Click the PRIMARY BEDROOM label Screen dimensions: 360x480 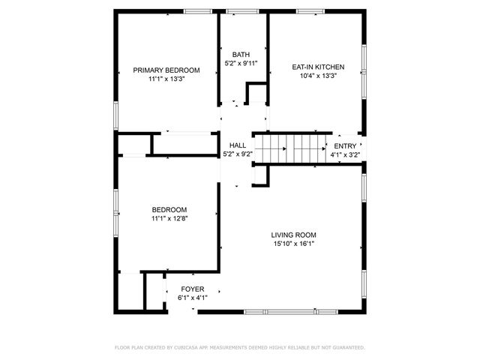point(166,70)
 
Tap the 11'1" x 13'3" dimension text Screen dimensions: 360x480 point(166,78)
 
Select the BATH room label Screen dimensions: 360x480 point(241,55)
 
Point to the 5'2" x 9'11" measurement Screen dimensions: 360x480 point(241,64)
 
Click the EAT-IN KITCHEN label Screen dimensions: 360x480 point(318,67)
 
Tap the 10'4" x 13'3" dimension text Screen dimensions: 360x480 point(318,75)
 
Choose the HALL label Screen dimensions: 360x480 point(238,145)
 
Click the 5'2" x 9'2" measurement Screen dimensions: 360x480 point(238,154)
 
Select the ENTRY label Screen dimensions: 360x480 point(345,146)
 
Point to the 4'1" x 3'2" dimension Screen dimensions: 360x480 point(345,155)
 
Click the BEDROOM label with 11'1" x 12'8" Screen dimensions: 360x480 point(169,210)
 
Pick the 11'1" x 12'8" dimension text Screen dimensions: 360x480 point(169,219)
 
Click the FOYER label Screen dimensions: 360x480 point(193,289)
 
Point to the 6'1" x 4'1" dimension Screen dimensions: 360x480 point(193,298)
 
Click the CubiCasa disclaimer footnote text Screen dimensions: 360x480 point(239,347)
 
